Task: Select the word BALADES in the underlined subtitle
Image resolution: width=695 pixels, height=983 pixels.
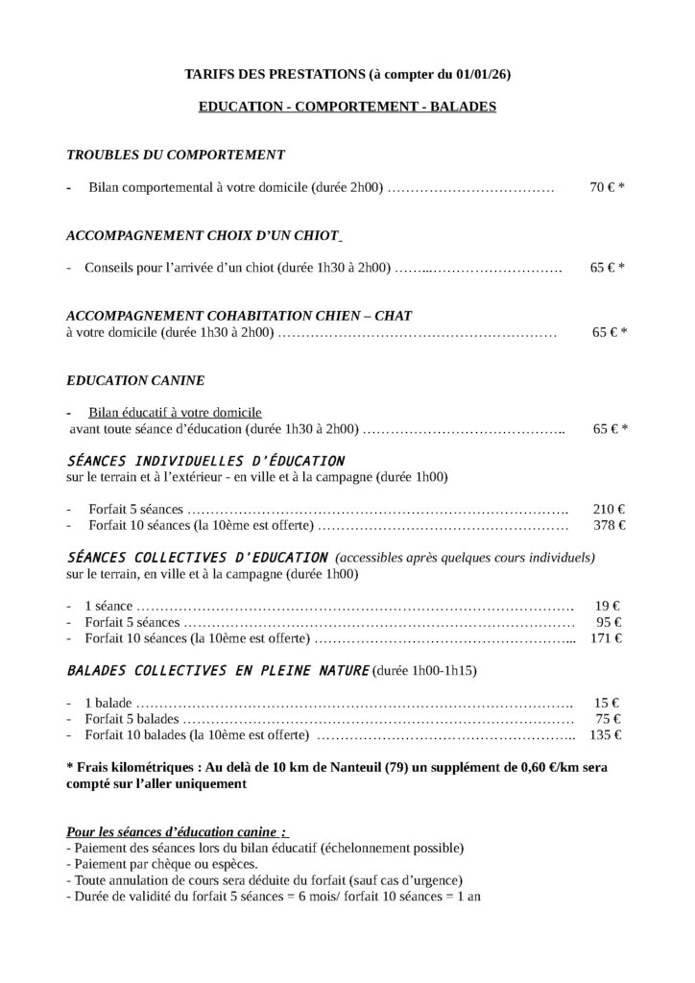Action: tap(463, 107)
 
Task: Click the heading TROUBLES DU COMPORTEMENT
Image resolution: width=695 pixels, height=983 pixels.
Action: tap(176, 154)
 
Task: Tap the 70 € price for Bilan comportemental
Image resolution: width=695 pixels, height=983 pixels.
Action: tap(603, 188)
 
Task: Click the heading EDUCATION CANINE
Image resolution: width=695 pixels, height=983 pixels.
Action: tap(135, 380)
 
